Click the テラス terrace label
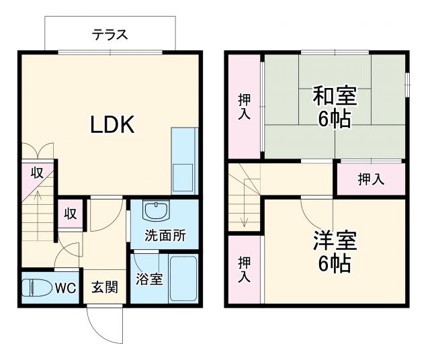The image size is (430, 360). coord(110,35)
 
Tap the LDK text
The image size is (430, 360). coord(114,124)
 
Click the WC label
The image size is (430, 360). coord(64,288)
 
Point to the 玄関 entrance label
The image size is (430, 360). coord(105,287)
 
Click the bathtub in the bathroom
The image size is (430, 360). coord(182,279)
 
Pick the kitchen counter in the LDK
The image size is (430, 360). coord(184,161)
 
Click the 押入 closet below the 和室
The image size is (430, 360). coord(370,179)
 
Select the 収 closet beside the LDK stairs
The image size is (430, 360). coord(38,173)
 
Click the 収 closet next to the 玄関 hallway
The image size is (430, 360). coord(70,214)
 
